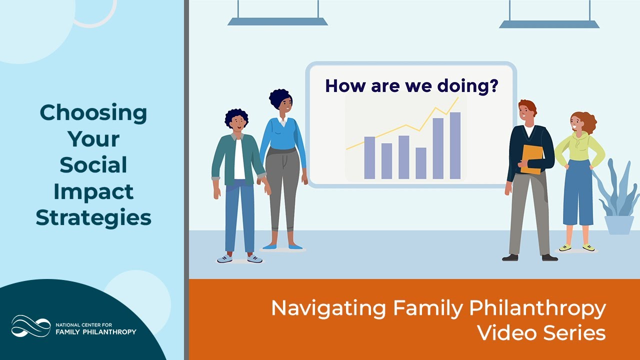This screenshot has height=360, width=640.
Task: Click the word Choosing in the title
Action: click(x=93, y=113)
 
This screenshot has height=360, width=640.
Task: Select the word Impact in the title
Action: click(x=93, y=192)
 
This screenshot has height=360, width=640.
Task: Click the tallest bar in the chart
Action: click(x=455, y=145)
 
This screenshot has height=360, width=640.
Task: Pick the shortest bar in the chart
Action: click(x=421, y=163)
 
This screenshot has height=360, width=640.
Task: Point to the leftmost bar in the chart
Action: click(x=369, y=157)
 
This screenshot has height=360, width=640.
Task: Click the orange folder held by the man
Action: click(x=531, y=159)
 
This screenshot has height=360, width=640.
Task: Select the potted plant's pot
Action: click(x=619, y=224)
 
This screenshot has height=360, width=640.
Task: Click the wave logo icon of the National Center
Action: click(x=31, y=326)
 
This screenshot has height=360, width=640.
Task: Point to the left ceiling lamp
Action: click(x=277, y=13)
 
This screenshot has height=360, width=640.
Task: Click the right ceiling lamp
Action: click(x=549, y=14)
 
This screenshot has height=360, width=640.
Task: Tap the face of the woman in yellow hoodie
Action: click(x=577, y=123)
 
